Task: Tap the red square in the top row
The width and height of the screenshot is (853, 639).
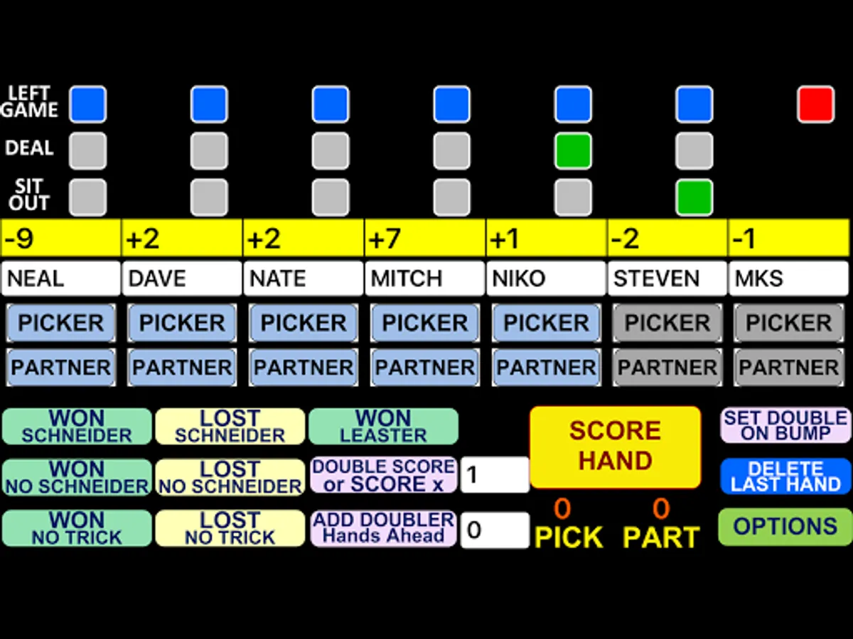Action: [815, 104]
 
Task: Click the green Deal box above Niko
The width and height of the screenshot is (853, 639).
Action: [573, 151]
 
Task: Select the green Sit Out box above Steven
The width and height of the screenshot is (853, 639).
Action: [694, 197]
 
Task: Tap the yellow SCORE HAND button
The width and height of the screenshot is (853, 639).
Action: [615, 447]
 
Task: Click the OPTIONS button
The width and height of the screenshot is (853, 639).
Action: [785, 527]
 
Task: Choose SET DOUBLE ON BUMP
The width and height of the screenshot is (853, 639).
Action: [785, 425]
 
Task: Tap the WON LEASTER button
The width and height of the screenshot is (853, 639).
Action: [383, 426]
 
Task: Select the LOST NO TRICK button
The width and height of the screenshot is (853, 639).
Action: [230, 528]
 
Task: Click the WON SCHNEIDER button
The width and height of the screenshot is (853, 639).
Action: [77, 426]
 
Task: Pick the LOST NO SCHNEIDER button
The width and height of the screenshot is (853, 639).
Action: [230, 477]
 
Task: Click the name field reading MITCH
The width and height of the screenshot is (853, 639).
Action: [424, 278]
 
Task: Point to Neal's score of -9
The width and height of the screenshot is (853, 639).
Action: [60, 238]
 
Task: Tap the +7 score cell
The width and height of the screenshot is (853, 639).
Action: [424, 238]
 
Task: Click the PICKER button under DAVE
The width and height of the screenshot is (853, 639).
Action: [182, 323]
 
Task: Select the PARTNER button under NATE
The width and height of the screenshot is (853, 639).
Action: [304, 367]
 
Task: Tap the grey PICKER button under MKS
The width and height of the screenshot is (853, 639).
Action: [789, 323]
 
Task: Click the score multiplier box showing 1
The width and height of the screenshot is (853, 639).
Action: [495, 475]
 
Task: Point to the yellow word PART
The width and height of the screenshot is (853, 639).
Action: [661, 537]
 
